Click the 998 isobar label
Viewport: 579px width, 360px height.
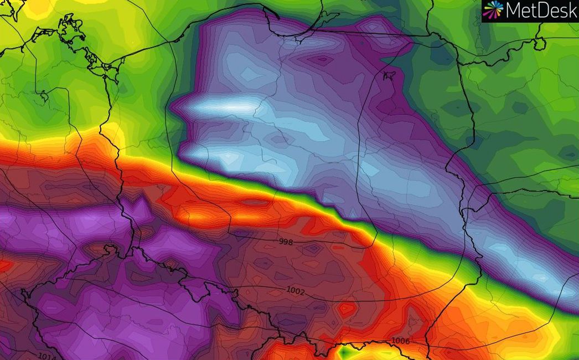point(286,242)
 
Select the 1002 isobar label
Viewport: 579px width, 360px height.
point(296,290)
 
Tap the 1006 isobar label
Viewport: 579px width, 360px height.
point(400,341)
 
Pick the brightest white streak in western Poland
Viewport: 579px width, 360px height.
point(232,104)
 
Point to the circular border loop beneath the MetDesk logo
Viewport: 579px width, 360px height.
point(540,43)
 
